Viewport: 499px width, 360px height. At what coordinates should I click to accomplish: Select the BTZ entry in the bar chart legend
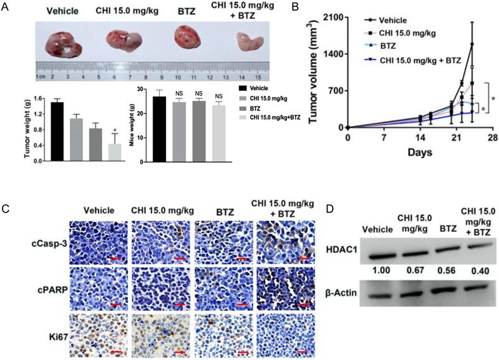(x=260, y=108)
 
